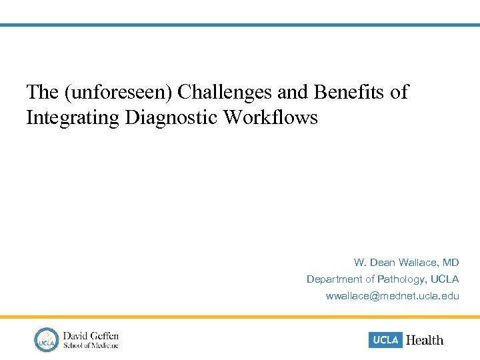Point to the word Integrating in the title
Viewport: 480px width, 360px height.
click(71, 118)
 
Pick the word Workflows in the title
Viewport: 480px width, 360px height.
click(271, 118)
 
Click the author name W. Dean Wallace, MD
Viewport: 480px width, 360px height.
click(406, 263)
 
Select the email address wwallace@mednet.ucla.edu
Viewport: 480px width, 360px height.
click(392, 295)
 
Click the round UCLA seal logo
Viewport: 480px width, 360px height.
click(47, 339)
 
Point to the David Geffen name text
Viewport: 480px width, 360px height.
click(91, 335)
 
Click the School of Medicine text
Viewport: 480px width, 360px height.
click(91, 345)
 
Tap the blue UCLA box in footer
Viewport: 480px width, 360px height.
click(385, 339)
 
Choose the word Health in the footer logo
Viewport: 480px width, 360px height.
click(425, 340)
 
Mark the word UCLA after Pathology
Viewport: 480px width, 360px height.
click(445, 279)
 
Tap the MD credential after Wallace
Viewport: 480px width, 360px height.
click(451, 263)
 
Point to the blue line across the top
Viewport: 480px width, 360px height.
click(240, 25)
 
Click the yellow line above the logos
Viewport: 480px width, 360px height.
click(240, 317)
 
